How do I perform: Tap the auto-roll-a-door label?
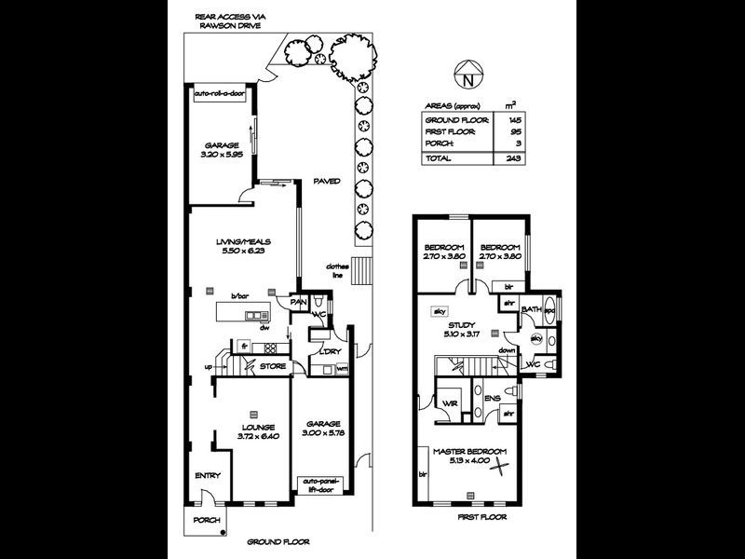(217, 94)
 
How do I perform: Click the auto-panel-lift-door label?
(322, 485)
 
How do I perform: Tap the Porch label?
(205, 520)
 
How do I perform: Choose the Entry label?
(207, 476)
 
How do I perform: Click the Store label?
(273, 366)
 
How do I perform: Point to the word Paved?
(326, 181)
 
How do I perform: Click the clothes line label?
(337, 269)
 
